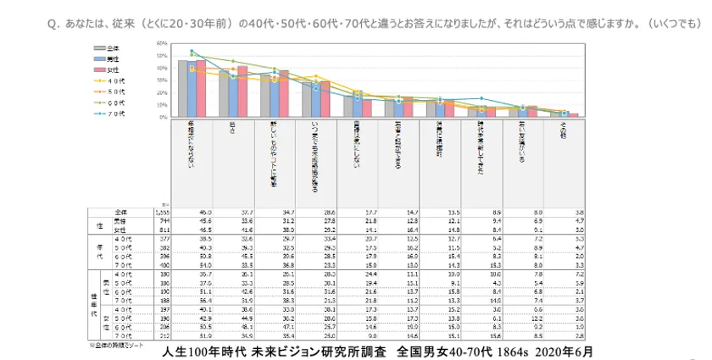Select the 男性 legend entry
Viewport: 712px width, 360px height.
click(x=107, y=58)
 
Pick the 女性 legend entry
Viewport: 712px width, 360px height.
click(x=107, y=68)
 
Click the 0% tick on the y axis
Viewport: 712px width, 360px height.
click(x=162, y=117)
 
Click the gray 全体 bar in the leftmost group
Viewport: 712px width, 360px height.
click(x=182, y=89)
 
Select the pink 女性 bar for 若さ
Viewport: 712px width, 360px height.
click(x=242, y=91)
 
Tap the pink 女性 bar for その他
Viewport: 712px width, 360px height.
click(x=574, y=115)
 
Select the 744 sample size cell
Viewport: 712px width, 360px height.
click(x=164, y=219)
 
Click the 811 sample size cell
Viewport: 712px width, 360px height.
click(x=164, y=228)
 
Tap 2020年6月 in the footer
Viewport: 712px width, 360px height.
click(x=564, y=351)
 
